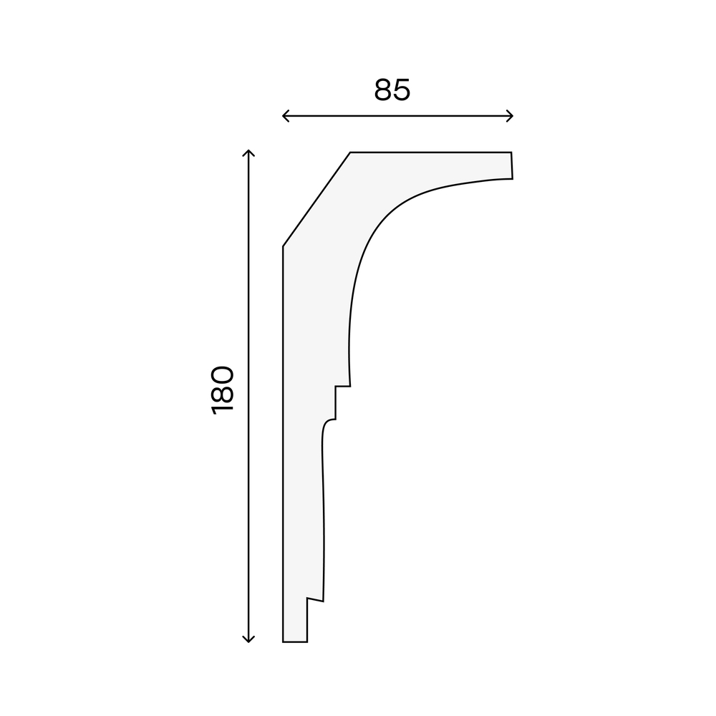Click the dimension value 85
(392, 90)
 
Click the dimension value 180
(223, 390)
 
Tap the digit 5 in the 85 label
(402, 90)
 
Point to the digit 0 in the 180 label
(223, 374)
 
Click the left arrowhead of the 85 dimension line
(286, 116)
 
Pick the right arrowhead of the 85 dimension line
(510, 116)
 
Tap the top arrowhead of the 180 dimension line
(248, 153)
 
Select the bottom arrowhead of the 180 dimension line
(248, 639)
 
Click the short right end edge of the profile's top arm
(512, 165)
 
